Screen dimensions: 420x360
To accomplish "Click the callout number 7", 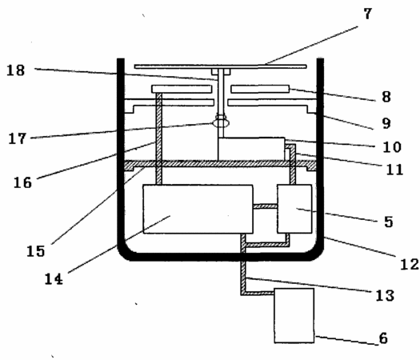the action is [x=368, y=14].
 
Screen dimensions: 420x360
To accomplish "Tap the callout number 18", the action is [x=16, y=70].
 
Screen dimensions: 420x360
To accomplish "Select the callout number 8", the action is [x=386, y=97].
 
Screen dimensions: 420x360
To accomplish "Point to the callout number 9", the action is [x=386, y=123].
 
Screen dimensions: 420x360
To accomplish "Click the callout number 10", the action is [x=392, y=147].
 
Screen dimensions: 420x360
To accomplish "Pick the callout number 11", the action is [x=394, y=170].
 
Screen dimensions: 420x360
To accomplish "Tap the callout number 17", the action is [x=18, y=138].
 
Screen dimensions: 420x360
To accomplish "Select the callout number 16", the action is [x=22, y=182].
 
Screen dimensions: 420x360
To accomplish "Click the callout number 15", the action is [x=36, y=251].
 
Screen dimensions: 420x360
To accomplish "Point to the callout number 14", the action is [x=54, y=279].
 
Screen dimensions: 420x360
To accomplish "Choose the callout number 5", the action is [x=388, y=222].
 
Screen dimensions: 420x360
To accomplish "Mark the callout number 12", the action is [x=410, y=264].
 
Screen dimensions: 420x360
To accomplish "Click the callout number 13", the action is [x=385, y=295].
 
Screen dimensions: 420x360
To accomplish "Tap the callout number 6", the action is [x=383, y=338].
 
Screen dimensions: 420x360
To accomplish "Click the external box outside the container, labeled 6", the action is [x=294, y=315].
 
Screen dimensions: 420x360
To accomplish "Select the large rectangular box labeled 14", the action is [x=198, y=209].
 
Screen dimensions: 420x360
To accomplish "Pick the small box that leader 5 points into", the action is [x=294, y=209].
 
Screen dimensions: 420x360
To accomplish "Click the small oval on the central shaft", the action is [x=222, y=123].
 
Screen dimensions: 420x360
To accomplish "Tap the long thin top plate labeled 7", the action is [x=221, y=66].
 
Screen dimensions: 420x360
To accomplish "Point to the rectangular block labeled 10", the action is [x=251, y=149].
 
